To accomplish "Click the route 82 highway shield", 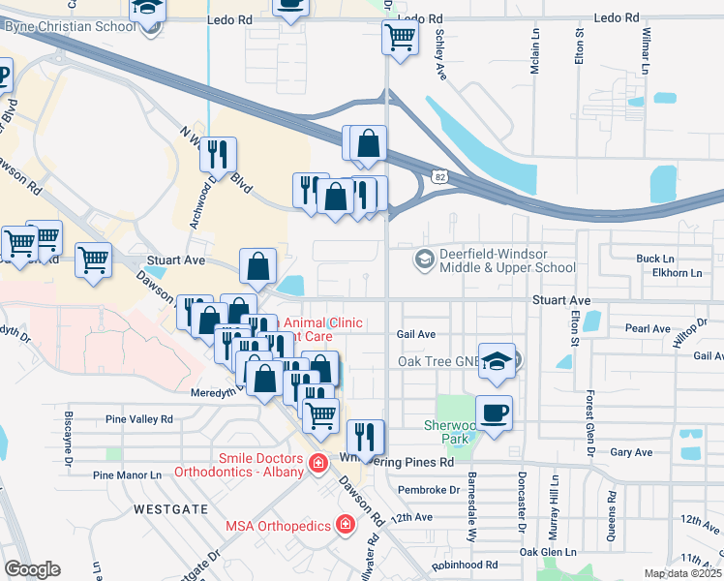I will click(440, 177).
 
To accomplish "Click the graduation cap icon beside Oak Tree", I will click(496, 361).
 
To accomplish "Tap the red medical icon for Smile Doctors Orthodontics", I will click(317, 466).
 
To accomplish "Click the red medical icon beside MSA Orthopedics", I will click(345, 525).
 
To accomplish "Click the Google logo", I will click(32, 569).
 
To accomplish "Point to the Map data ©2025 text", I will click(683, 573).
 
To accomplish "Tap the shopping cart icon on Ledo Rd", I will click(401, 39).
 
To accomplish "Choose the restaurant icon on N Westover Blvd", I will click(218, 155).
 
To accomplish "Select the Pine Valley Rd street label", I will click(139, 419).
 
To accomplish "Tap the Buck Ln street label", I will click(654, 259).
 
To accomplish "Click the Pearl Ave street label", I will click(648, 329).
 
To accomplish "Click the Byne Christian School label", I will click(70, 26).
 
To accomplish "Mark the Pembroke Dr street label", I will click(429, 490).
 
